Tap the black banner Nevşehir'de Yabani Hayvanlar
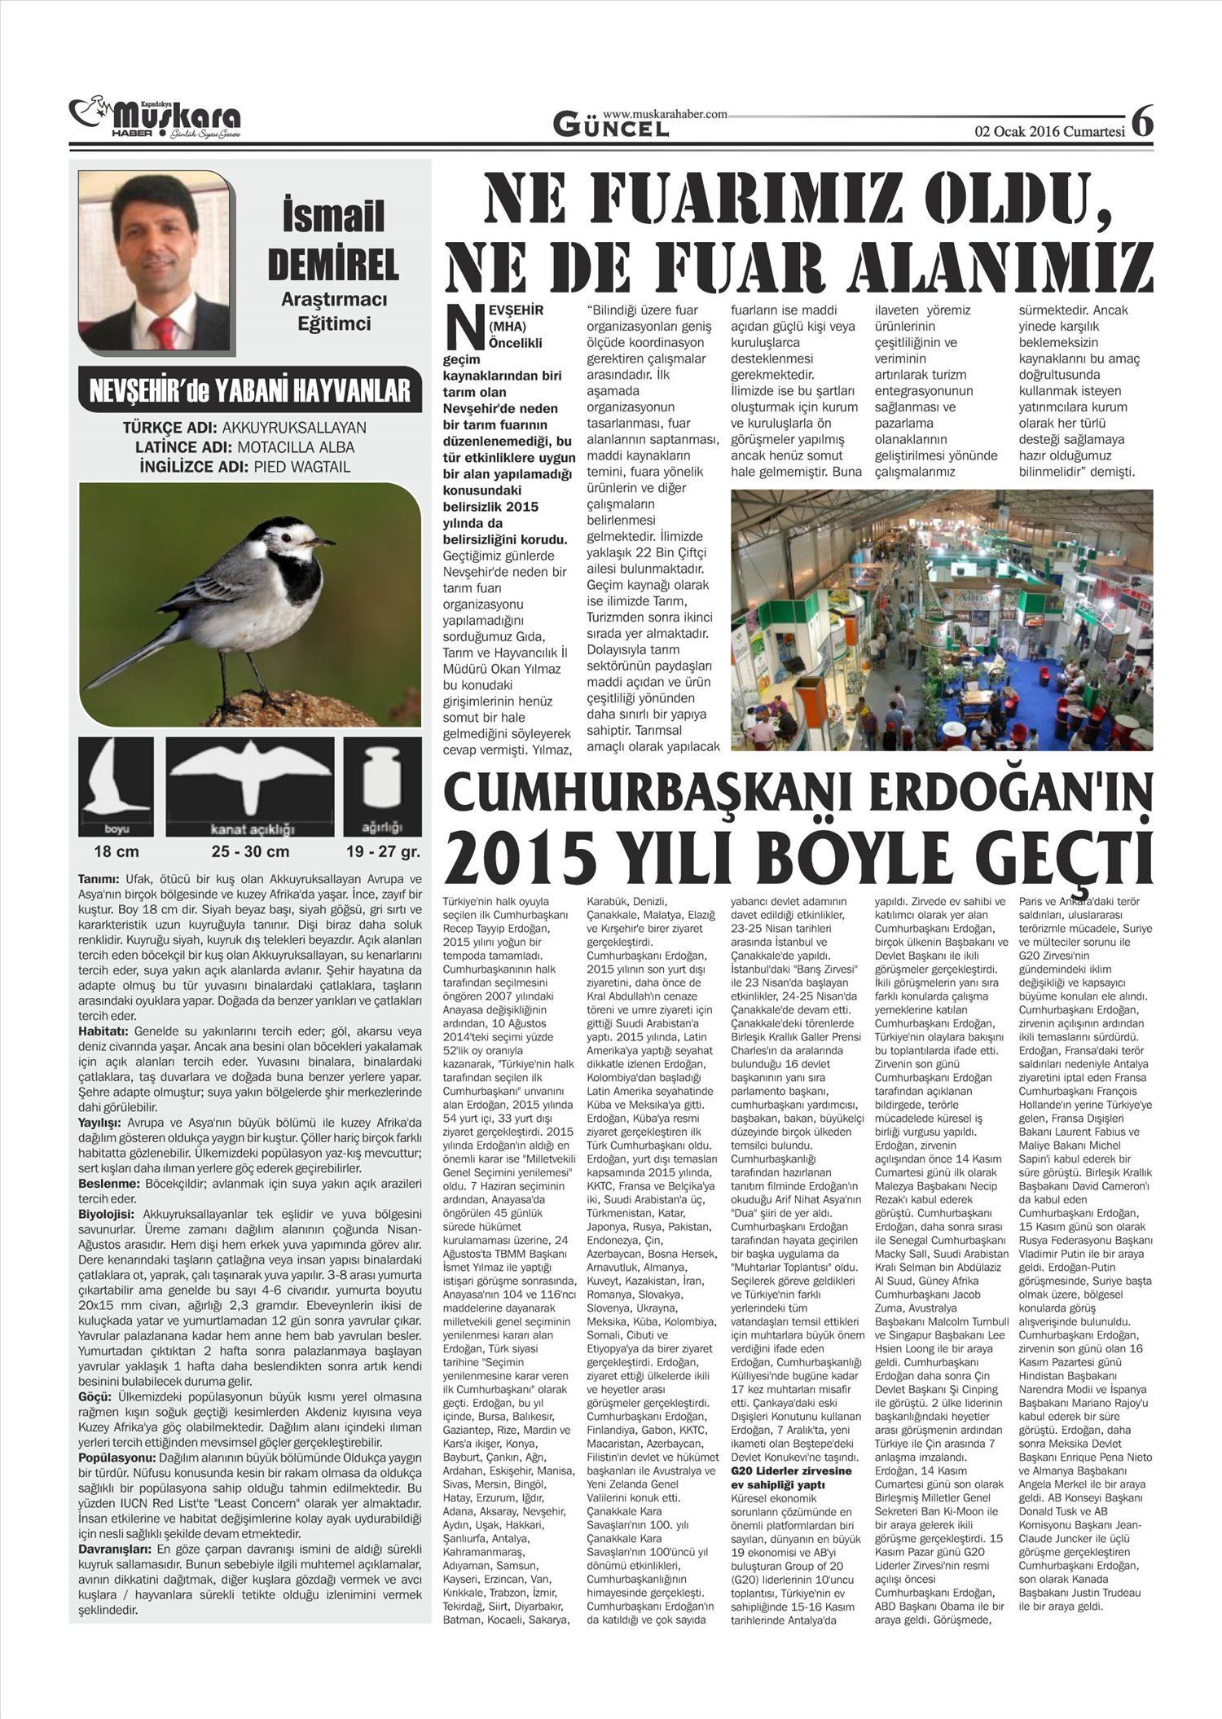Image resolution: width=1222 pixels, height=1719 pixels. [x=249, y=390]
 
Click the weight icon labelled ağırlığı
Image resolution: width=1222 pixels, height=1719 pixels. [x=382, y=782]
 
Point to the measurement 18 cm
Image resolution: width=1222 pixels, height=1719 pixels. [x=116, y=852]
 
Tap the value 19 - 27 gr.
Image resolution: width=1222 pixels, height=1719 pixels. [x=382, y=852]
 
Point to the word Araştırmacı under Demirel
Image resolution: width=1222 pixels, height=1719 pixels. [x=334, y=300]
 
